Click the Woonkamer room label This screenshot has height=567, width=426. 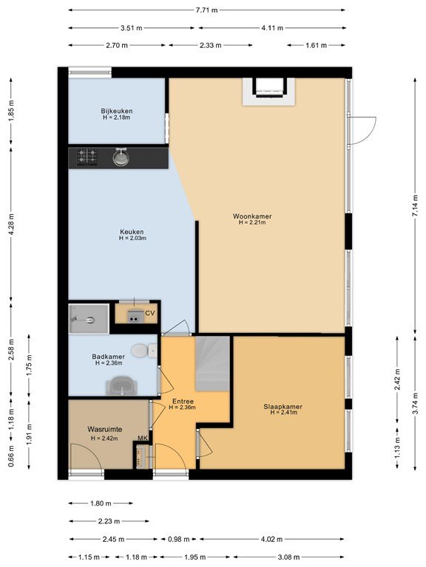pyautogui.click(x=252, y=216)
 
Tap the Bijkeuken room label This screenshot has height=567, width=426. pyautogui.click(x=117, y=111)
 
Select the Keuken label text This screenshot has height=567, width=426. pyautogui.click(x=132, y=232)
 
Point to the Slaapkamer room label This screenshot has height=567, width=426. pyautogui.click(x=283, y=407)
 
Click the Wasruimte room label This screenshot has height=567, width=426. pyautogui.click(x=105, y=429)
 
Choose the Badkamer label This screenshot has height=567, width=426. pyautogui.click(x=108, y=357)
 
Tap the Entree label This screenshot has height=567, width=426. pyautogui.click(x=183, y=402)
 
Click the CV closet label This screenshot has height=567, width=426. pyautogui.click(x=150, y=313)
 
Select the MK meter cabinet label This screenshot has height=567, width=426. pyautogui.click(x=143, y=439)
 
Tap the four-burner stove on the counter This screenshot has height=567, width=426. pyautogui.click(x=87, y=157)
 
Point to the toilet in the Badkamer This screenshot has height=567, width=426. pyautogui.click(x=143, y=350)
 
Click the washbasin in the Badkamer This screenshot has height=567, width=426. pyautogui.click(x=121, y=385)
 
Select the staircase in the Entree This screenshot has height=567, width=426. pyautogui.click(x=213, y=364)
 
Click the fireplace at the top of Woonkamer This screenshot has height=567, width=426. pyautogui.click(x=268, y=92)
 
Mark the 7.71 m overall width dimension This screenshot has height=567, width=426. pyautogui.click(x=207, y=10)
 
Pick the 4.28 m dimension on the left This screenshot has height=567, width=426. pyautogui.click(x=11, y=224)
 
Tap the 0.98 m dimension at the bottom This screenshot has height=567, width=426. pyautogui.click(x=178, y=539)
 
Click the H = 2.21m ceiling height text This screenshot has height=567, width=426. pyautogui.click(x=252, y=222)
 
